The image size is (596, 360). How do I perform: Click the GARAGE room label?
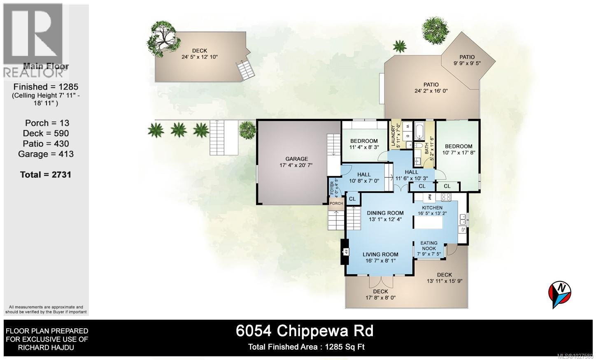tap(297, 159)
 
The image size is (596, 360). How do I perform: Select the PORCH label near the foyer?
tap(336, 203)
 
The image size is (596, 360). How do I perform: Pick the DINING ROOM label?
tap(385, 213)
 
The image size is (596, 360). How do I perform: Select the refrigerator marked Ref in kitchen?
tap(429, 196)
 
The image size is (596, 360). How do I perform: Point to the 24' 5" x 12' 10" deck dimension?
tap(199, 57)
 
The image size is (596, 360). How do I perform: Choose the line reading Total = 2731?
tap(46, 174)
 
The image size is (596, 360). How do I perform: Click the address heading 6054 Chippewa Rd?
tap(305, 330)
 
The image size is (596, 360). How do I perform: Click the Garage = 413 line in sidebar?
tap(46, 154)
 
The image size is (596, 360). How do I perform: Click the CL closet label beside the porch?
tap(352, 199)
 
